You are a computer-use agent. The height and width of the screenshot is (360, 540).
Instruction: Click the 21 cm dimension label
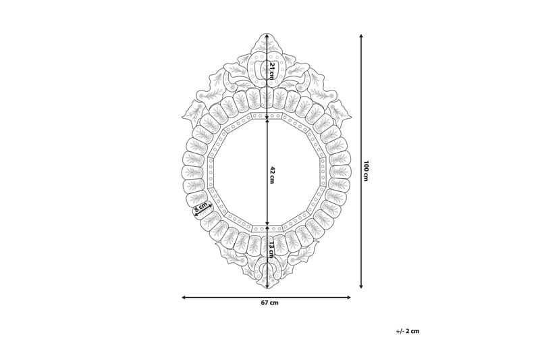[271, 70]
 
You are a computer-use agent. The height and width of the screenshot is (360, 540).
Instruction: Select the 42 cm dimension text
[271, 172]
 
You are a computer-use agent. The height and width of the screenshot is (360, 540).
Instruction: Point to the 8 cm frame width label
[200, 209]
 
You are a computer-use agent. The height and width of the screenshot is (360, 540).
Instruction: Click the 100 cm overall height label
[366, 171]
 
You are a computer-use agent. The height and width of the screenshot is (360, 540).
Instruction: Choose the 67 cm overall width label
[269, 303]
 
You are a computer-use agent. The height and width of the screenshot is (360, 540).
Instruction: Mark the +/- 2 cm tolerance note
[408, 331]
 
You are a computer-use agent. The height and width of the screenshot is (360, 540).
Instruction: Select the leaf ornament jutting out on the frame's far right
[342, 110]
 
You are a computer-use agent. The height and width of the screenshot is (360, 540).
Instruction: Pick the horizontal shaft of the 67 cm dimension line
[223, 297]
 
